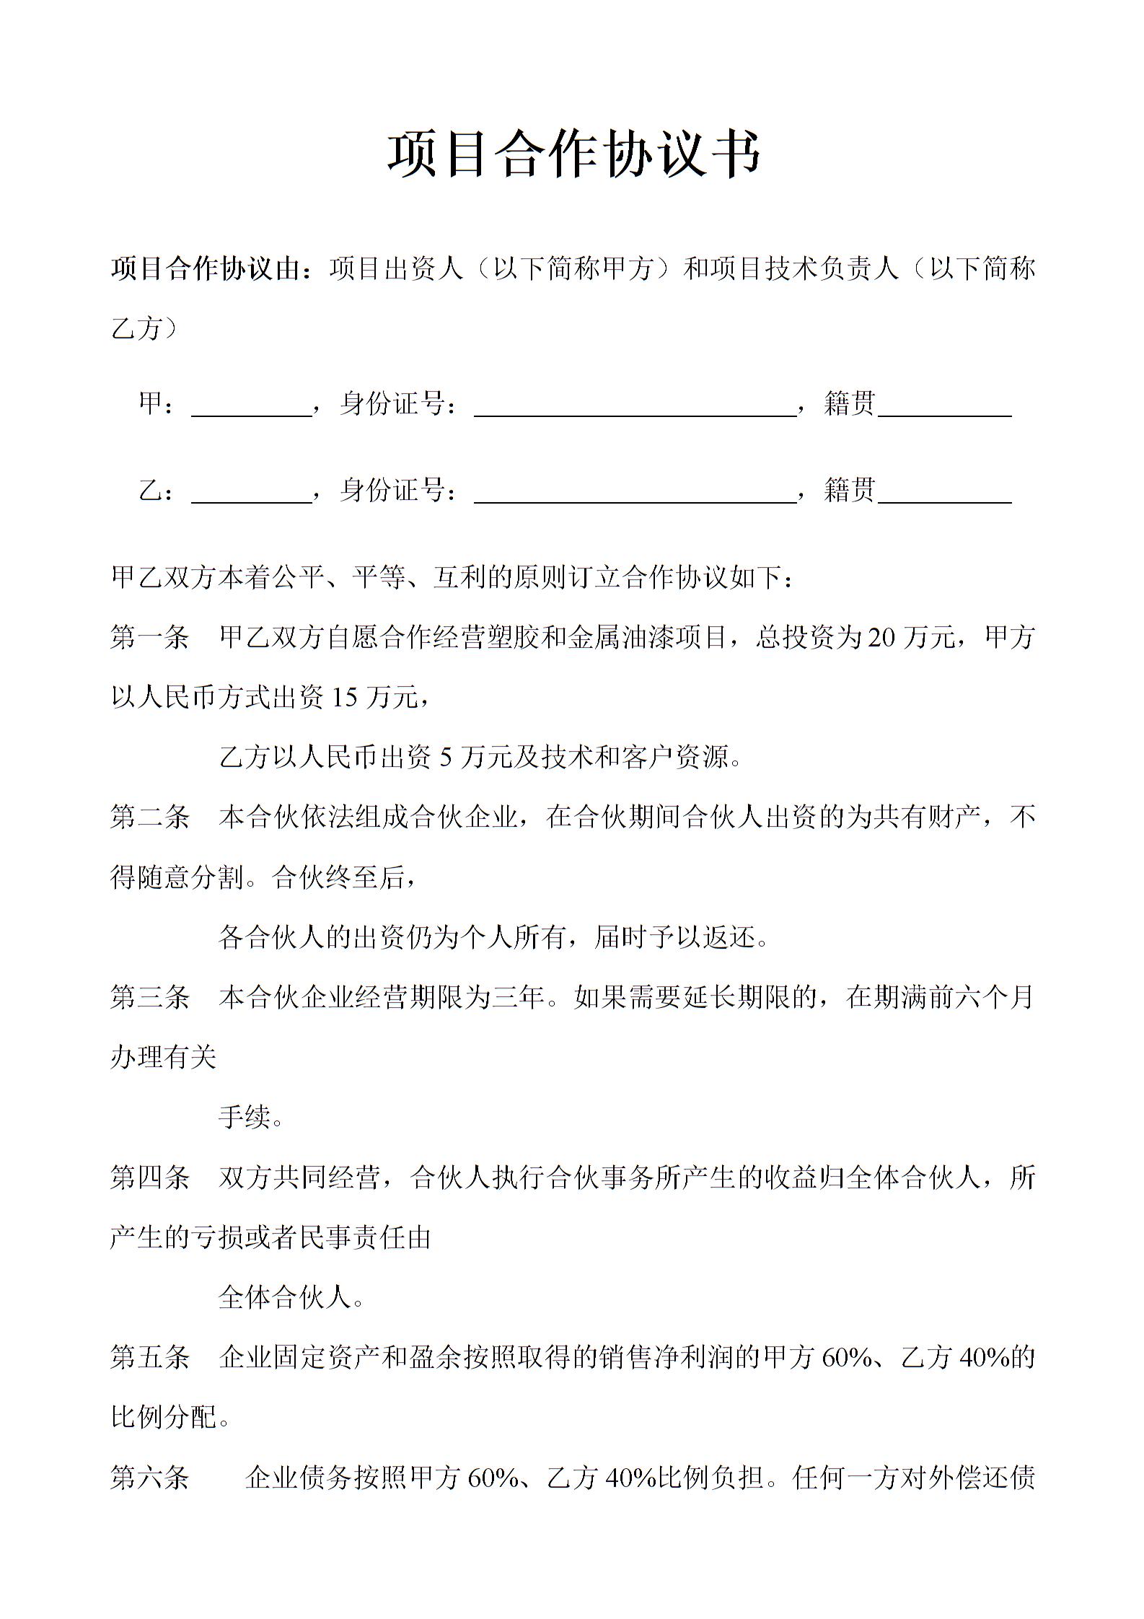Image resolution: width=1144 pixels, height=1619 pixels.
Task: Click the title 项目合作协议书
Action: [x=574, y=154]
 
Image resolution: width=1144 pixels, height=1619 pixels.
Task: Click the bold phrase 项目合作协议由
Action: [x=205, y=269]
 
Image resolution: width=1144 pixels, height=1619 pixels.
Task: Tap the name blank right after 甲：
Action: [x=251, y=405]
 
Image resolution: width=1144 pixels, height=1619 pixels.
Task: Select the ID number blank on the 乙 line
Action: [x=635, y=491]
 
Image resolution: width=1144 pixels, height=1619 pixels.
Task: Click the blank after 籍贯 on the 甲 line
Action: [x=945, y=405]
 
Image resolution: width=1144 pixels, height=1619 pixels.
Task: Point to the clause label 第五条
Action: [x=149, y=1358]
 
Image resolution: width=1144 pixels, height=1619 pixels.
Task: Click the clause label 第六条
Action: [x=149, y=1478]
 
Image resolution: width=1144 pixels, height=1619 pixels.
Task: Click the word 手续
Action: [x=245, y=1118]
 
